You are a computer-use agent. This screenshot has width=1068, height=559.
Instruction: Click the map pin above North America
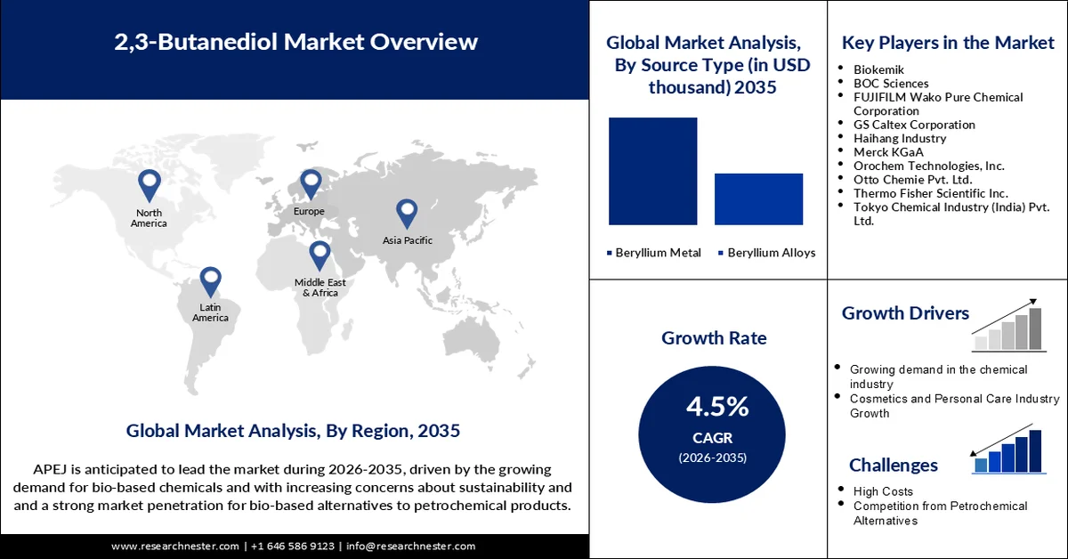[149, 185]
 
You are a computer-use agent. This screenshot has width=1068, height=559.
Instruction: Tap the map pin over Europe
[310, 183]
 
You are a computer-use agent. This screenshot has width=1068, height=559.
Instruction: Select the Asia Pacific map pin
[407, 213]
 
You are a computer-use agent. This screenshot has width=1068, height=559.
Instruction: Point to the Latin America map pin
[210, 281]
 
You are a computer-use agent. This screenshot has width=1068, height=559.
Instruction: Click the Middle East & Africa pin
[320, 255]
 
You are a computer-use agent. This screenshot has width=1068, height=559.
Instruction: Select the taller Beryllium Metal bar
[652, 171]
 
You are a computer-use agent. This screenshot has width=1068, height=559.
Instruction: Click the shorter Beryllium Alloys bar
[758, 198]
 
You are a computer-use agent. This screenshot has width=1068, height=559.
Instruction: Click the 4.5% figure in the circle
[717, 407]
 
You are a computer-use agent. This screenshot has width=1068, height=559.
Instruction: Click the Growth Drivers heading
[905, 313]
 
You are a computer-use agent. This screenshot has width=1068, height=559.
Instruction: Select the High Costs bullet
[883, 491]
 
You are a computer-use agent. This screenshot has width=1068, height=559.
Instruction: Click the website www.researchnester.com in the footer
[175, 546]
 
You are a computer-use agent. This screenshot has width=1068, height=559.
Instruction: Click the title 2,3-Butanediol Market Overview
[295, 42]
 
